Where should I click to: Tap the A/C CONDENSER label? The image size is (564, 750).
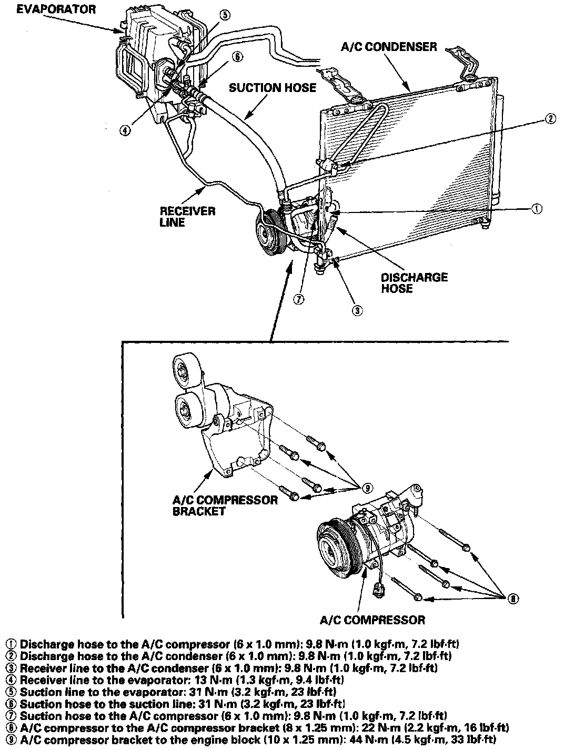[x=389, y=47]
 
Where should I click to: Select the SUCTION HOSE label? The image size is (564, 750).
[x=273, y=87]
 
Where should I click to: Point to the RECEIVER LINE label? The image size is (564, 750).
[x=187, y=217]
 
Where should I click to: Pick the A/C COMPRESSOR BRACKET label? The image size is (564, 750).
[x=225, y=505]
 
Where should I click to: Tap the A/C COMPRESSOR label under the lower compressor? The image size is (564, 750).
[x=372, y=620]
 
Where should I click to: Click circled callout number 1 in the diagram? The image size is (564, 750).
[x=536, y=209]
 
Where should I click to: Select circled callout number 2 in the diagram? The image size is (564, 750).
[x=549, y=119]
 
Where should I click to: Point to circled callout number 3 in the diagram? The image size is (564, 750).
[x=357, y=310]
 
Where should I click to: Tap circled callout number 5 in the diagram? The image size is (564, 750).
[x=224, y=15]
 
